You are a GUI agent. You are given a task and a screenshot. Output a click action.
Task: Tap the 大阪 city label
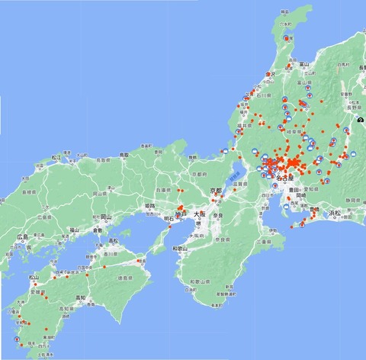(200, 214)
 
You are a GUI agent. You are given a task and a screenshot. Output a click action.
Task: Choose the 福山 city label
(73, 229)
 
